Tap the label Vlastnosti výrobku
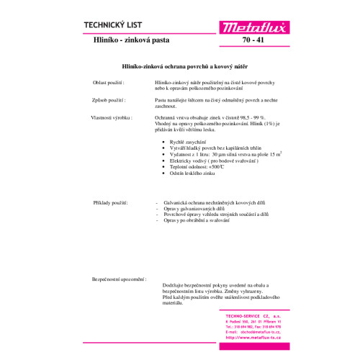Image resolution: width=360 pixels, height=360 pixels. pyautogui.click(x=109, y=117)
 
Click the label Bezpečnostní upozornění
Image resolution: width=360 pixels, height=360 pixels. pyautogui.click(x=120, y=278)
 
